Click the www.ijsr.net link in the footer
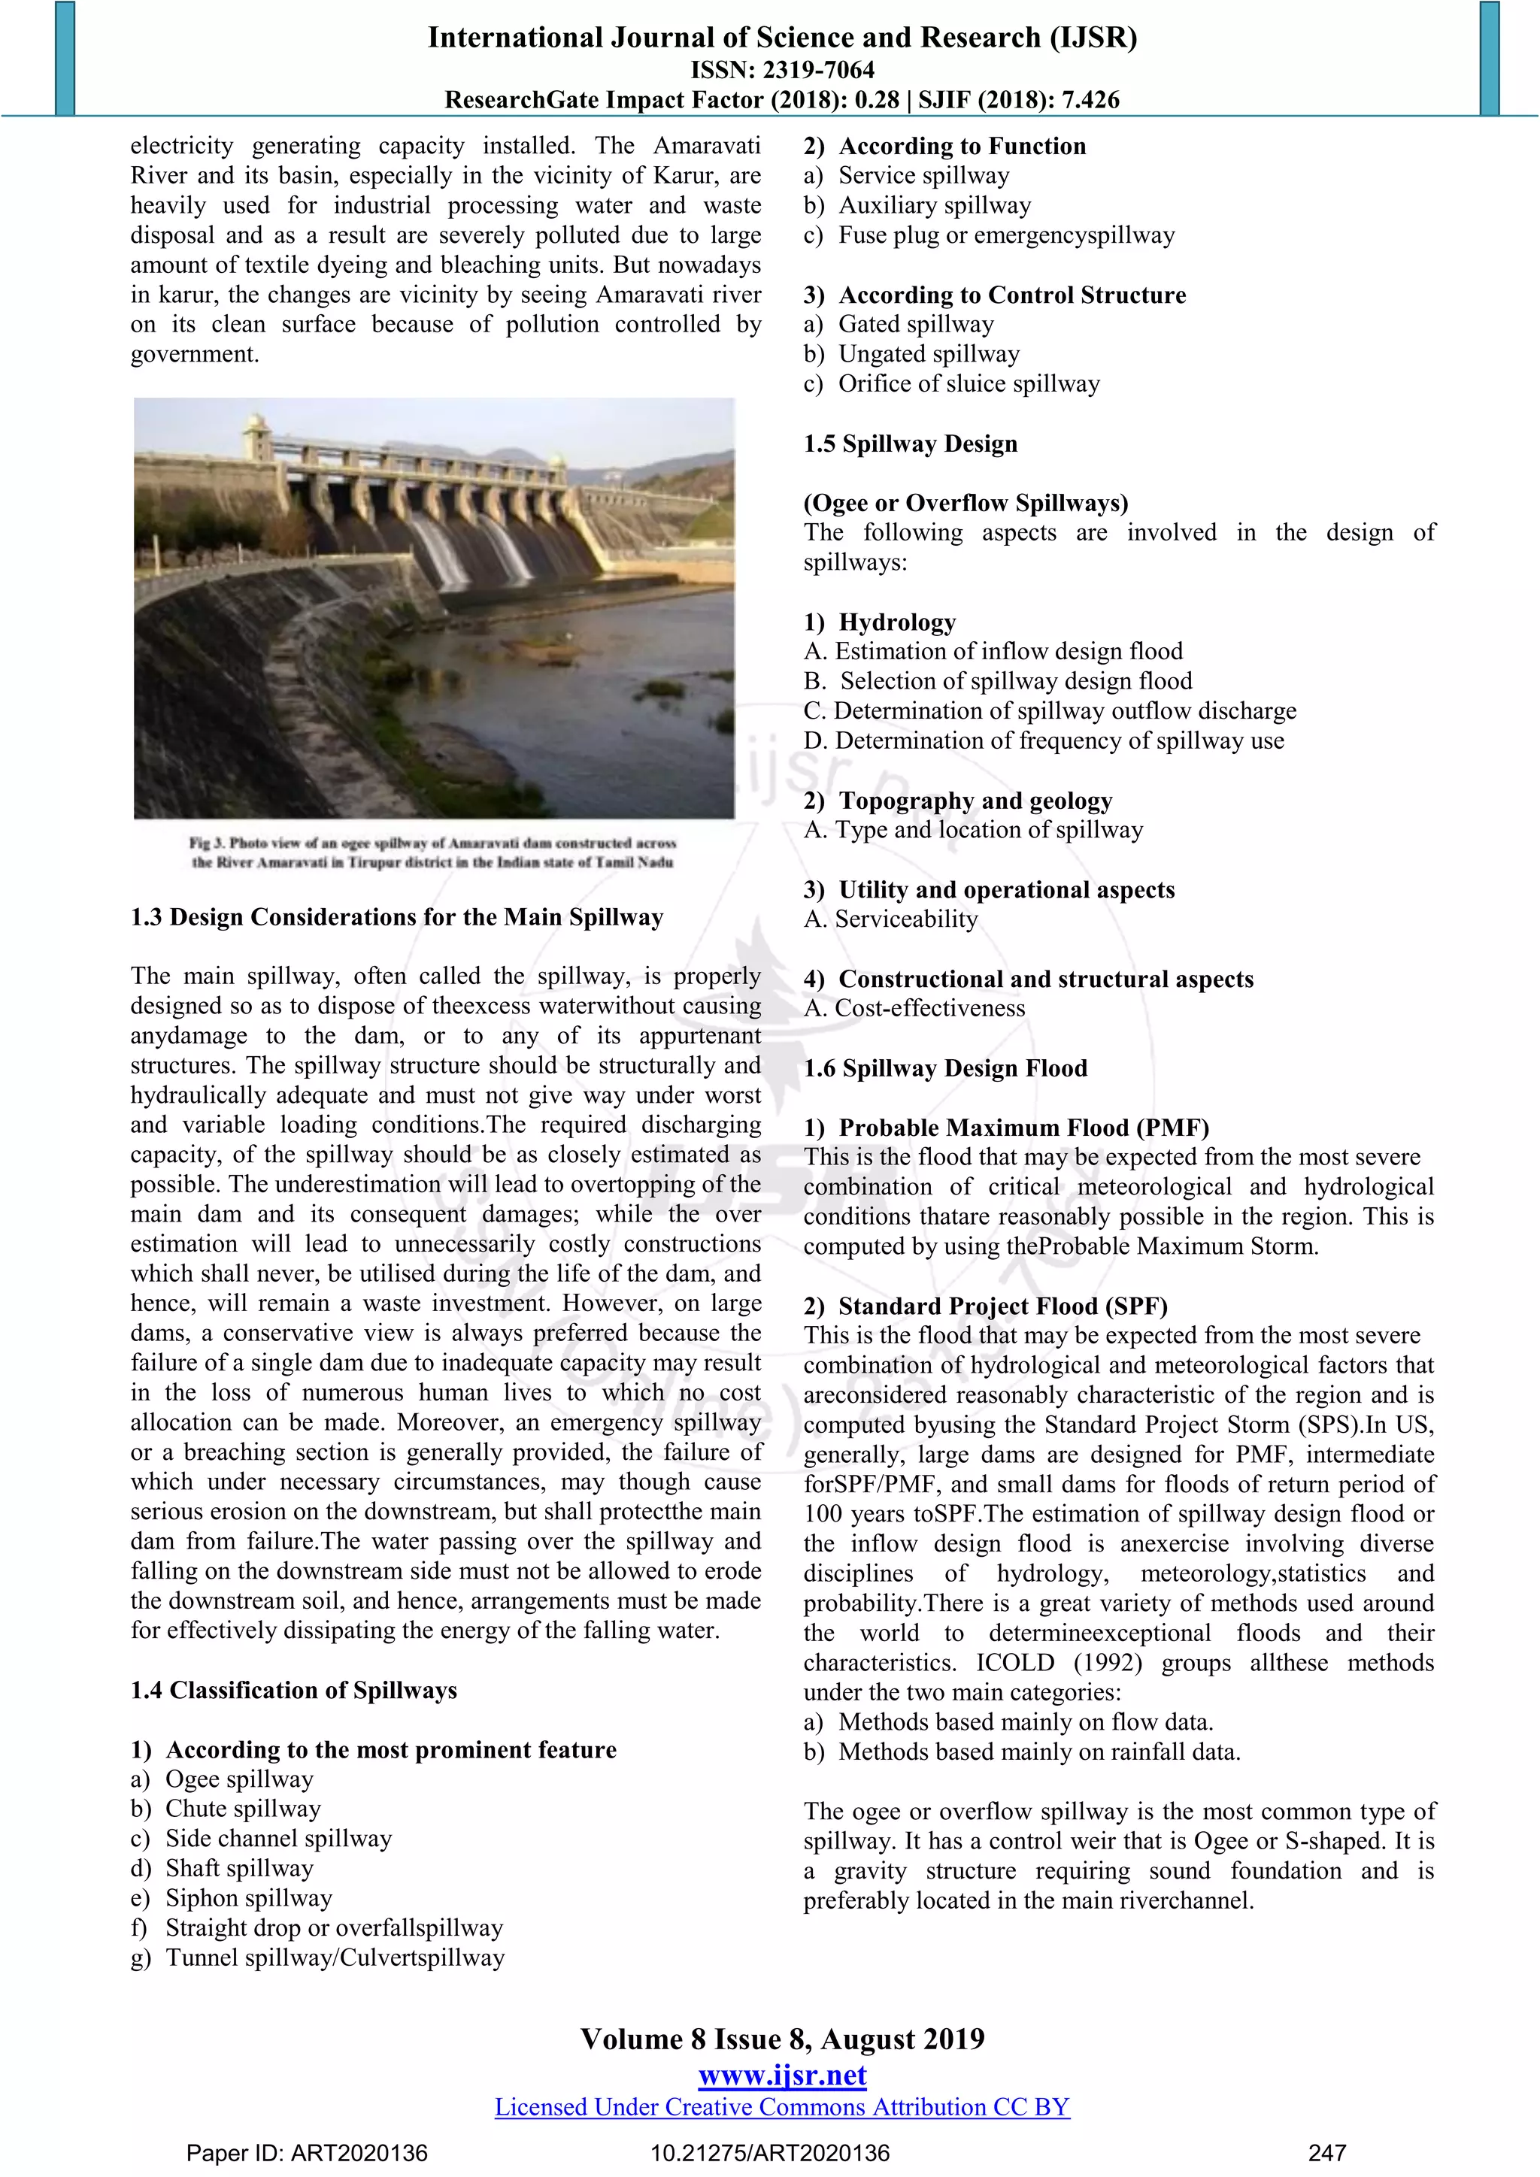[782, 2076]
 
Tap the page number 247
[1326, 2153]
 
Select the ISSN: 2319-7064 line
[782, 69]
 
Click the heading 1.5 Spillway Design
[911, 444]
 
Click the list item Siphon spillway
[248, 1897]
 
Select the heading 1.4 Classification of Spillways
[294, 1690]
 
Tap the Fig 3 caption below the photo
[432, 852]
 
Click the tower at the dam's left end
[256, 438]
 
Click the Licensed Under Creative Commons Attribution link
[782, 2107]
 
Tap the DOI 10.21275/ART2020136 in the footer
[770, 2153]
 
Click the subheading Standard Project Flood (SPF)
[1002, 1306]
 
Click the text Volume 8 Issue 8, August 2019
[782, 2039]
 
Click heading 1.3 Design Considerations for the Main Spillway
[396, 917]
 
